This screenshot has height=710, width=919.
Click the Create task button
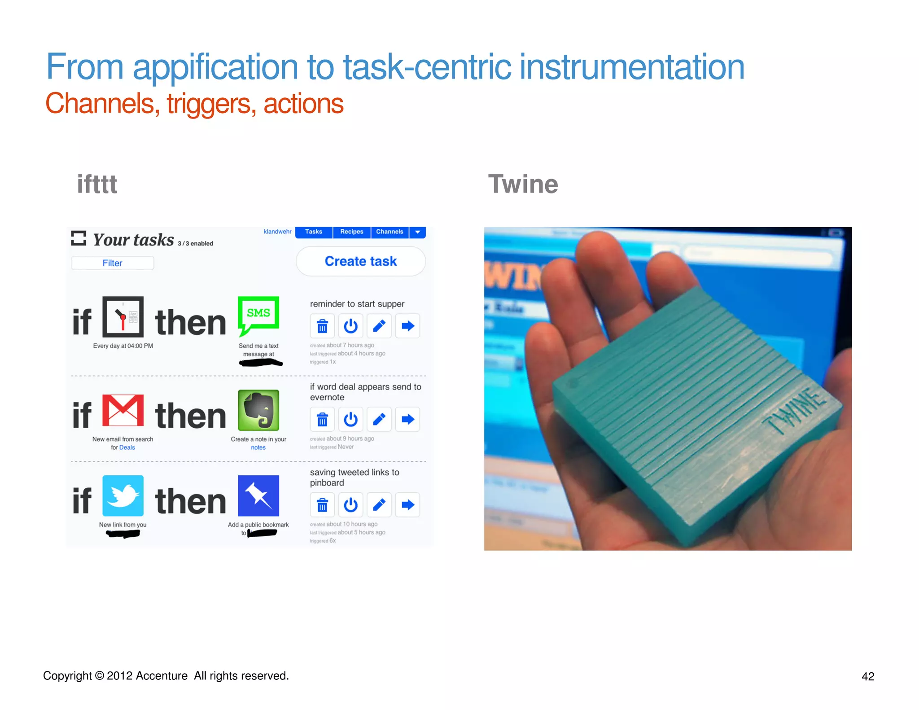point(361,261)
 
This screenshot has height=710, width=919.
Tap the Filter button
point(112,263)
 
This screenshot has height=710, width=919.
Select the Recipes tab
point(351,232)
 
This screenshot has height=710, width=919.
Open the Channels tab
point(389,232)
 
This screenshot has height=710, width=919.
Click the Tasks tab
point(314,232)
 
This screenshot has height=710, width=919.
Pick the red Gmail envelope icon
point(123,410)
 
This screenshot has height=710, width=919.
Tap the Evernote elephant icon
point(258,410)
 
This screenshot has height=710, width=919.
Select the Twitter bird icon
point(123,495)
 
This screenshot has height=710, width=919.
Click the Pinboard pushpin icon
point(258,495)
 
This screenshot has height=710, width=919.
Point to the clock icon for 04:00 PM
point(123,317)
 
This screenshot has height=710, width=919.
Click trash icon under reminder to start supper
point(322,326)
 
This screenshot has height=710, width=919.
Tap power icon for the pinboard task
point(350,505)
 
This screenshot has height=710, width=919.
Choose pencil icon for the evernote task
point(379,419)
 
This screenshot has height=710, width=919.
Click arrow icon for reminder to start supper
point(407,326)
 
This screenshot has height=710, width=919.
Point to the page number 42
point(868,676)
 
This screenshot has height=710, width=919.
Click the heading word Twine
point(523,184)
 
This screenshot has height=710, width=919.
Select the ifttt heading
point(97,184)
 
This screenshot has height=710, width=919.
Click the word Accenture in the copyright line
point(162,676)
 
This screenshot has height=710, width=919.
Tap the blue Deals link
point(127,447)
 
